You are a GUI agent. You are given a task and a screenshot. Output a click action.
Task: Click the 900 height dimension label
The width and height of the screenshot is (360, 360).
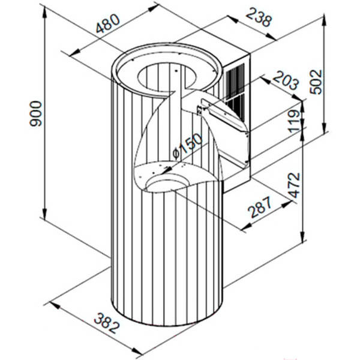pyautogui.click(x=36, y=113)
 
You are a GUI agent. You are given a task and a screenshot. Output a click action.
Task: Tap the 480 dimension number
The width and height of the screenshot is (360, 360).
pyautogui.click(x=107, y=23)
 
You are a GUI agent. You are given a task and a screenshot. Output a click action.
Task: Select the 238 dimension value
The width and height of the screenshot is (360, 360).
pyautogui.click(x=259, y=17)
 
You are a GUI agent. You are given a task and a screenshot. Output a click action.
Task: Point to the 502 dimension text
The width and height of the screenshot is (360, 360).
pyautogui.click(x=316, y=82)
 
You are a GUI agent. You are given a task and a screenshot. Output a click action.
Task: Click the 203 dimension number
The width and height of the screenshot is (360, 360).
pyautogui.click(x=286, y=81)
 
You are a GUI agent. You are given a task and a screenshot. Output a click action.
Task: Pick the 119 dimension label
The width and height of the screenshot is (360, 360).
pyautogui.click(x=295, y=121)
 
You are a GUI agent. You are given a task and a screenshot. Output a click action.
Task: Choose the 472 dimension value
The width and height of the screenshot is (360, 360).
pyautogui.click(x=295, y=185)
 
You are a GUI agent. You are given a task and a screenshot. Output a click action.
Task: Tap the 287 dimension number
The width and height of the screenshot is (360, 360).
pyautogui.click(x=261, y=207)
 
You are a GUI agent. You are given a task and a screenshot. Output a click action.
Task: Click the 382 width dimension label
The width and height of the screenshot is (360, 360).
pyautogui.click(x=107, y=323)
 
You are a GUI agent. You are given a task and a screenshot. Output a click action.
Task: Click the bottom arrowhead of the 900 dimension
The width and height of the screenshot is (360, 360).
pyautogui.click(x=45, y=213)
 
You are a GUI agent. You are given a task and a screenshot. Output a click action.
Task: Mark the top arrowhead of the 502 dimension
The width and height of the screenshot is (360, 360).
pyautogui.click(x=325, y=20)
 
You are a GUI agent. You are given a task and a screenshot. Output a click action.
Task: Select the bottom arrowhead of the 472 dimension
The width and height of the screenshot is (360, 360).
pyautogui.click(x=304, y=237)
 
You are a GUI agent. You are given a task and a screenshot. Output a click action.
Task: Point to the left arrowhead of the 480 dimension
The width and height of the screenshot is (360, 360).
pyautogui.click(x=74, y=53)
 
